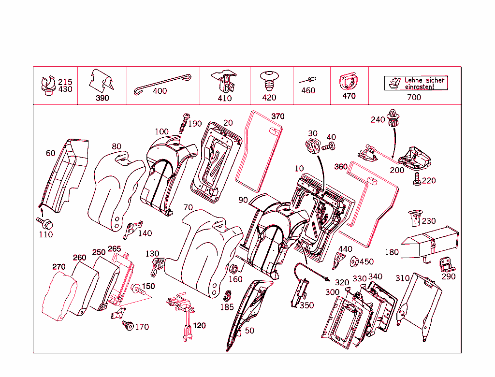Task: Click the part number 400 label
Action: pos(160,91)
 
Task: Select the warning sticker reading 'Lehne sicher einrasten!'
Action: pos(416,83)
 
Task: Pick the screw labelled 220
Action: pos(416,180)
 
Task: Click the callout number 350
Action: pos(306,305)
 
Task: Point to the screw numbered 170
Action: pos(128,325)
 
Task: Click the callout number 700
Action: pos(414,97)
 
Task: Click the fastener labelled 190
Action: pos(184,122)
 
